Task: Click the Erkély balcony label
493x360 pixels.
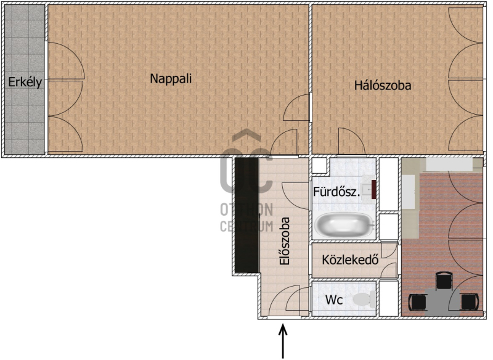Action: click(x=25, y=82)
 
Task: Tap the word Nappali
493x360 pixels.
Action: click(x=171, y=78)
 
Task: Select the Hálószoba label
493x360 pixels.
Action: click(x=383, y=85)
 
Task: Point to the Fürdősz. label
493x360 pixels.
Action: click(x=336, y=192)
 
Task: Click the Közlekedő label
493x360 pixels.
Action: click(x=350, y=260)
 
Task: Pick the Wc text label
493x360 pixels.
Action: click(x=334, y=300)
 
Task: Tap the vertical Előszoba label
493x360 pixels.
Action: click(x=284, y=241)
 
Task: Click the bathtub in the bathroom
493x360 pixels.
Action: click(x=344, y=224)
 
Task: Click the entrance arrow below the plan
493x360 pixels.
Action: click(x=283, y=341)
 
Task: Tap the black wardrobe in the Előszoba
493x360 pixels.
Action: click(x=246, y=215)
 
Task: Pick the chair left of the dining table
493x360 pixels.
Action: click(x=418, y=302)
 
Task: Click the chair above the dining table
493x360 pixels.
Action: click(x=444, y=280)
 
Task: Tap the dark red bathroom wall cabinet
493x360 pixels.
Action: click(x=374, y=190)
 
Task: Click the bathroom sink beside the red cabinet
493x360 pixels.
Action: click(x=367, y=190)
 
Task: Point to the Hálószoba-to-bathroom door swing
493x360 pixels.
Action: click(x=351, y=142)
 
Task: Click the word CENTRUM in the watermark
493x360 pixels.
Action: click(x=246, y=226)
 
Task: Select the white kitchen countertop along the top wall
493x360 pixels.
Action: click(x=449, y=165)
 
